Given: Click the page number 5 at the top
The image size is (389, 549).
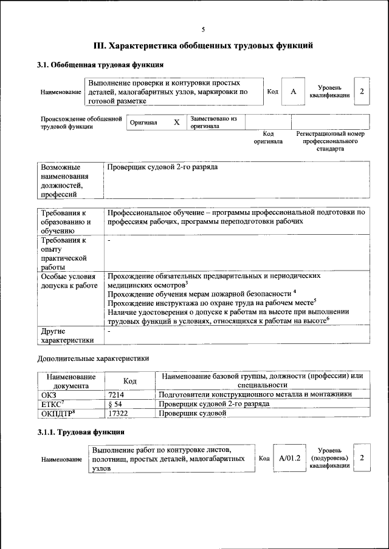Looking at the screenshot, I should click(203, 29).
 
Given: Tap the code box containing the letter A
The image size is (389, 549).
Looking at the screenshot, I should click(293, 91).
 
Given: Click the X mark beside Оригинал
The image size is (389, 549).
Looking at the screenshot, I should click(176, 122).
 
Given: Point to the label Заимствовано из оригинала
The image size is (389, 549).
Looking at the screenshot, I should click(213, 122).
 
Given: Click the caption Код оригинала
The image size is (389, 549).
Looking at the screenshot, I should click(268, 137).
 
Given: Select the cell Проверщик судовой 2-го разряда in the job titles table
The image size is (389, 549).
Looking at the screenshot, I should click(162, 167).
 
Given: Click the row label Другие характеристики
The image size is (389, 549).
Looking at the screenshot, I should click(67, 335).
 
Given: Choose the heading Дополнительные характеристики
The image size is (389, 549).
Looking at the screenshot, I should click(93, 359).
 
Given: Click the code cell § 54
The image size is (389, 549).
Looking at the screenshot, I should click(115, 404).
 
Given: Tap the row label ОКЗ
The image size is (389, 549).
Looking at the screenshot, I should click(48, 394).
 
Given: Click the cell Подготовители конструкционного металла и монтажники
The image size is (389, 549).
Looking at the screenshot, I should click(255, 394).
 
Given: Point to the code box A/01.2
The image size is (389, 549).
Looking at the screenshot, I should click(289, 457).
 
